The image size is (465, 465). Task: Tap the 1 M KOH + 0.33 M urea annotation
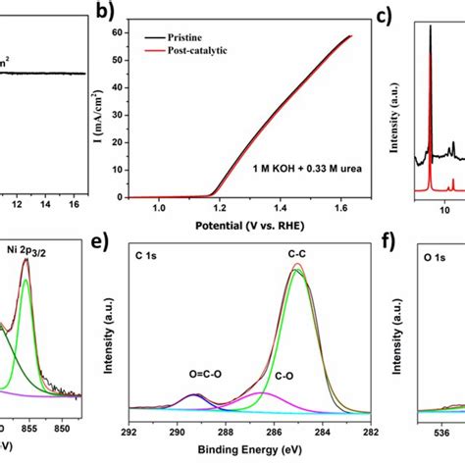pyautogui.click(x=284, y=167)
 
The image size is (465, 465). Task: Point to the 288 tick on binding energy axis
pyautogui.click(x=225, y=429)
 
